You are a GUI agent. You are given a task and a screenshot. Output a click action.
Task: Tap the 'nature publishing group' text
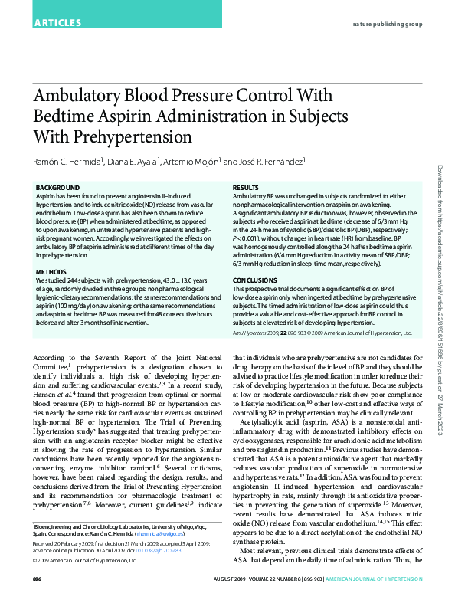(x=388, y=25)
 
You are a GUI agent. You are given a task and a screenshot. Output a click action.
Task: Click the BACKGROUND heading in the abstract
(x=57, y=187)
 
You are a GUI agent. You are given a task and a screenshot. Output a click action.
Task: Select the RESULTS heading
(x=245, y=187)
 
